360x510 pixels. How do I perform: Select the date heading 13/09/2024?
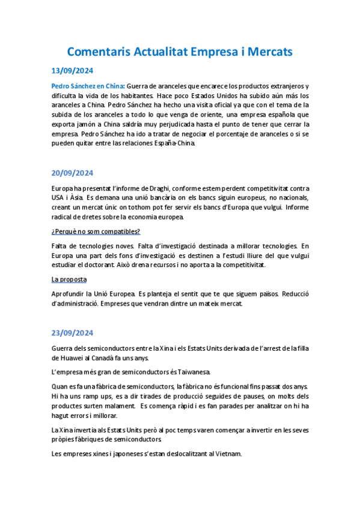pyautogui.click(x=73, y=70)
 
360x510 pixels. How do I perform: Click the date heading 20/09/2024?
pyautogui.click(x=73, y=173)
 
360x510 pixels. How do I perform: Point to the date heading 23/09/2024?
pyautogui.click(x=73, y=333)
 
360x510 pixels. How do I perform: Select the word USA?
pyautogui.click(x=59, y=198)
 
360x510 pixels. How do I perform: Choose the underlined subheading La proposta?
pyautogui.click(x=69, y=279)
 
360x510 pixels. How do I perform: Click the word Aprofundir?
pyautogui.click(x=72, y=294)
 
